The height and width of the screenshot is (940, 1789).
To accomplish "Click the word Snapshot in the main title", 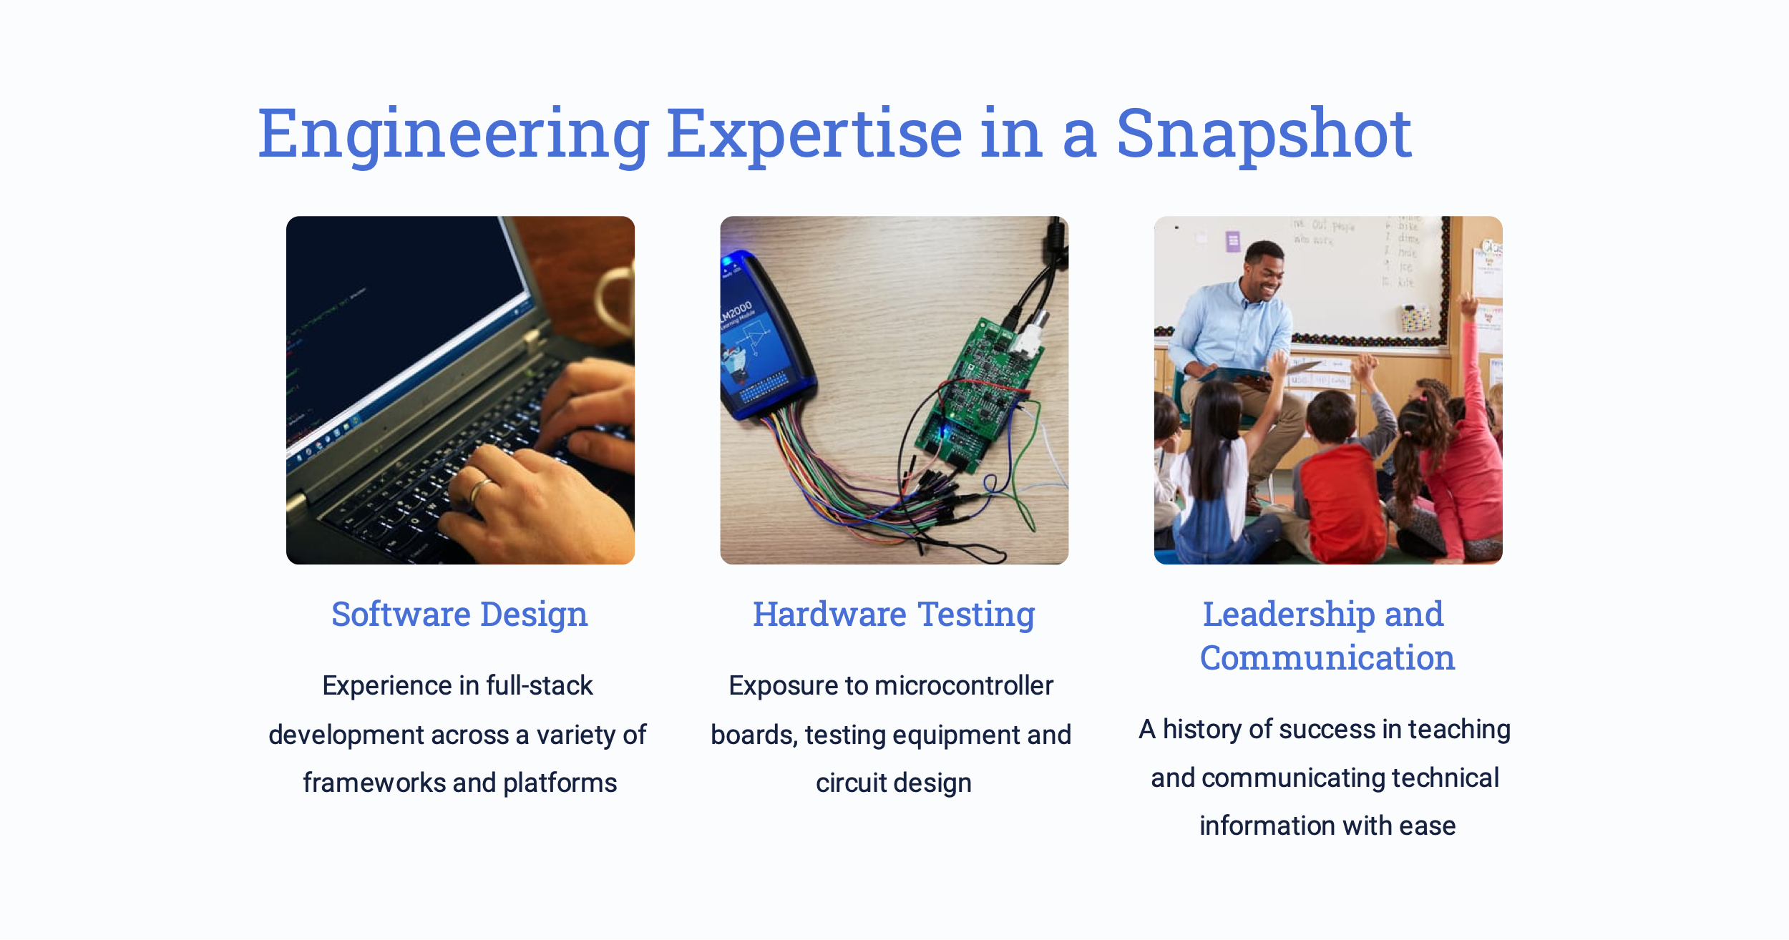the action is (x=1264, y=134).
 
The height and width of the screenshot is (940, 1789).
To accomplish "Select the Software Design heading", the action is (x=459, y=615).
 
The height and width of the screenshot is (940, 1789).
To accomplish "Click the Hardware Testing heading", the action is (x=894, y=615).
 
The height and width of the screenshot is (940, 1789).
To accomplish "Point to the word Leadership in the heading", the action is (x=1287, y=615).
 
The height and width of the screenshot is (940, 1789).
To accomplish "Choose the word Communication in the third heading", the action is (x=1327, y=657).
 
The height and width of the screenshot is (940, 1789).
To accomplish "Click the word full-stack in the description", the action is (x=540, y=685).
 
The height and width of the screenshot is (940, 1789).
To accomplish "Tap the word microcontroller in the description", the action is (x=964, y=685).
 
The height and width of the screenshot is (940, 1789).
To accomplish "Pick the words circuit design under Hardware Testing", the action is (x=894, y=783).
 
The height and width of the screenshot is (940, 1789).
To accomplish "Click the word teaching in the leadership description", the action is (x=1459, y=730).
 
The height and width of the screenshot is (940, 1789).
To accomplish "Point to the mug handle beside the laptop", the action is (x=612, y=300).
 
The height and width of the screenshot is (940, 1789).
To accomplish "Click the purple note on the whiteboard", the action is (x=1232, y=241).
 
